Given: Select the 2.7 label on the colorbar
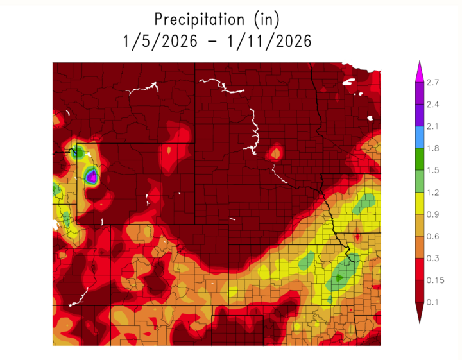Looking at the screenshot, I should coord(433,82).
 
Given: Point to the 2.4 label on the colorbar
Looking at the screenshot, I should coord(433,104).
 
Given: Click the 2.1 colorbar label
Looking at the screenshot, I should coord(433,126).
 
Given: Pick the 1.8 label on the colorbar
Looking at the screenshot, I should coord(433,148).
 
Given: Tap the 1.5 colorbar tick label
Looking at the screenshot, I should coord(433,170).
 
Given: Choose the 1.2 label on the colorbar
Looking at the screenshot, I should coord(433,192).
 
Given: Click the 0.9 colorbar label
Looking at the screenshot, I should coord(433,214).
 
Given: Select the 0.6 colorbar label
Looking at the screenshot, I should coord(433,236).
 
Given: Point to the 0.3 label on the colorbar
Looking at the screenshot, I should coord(433,258).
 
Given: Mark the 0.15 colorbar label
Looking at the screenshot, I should coord(436,280).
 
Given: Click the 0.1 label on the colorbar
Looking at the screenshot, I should coord(433,302).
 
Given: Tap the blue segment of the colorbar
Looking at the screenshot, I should coord(418,137).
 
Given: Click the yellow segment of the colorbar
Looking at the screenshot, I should coord(418,203).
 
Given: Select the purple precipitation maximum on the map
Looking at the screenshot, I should coord(92,175).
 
